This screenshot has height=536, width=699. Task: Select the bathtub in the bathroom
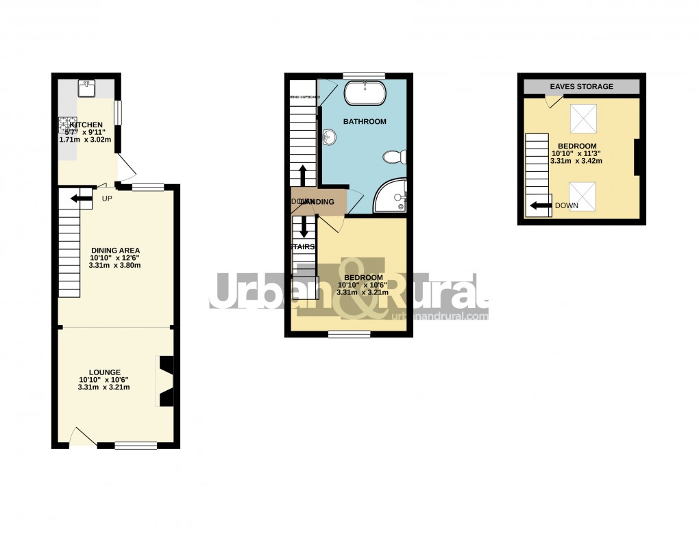(x=365, y=92)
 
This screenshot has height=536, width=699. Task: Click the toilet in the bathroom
(x=394, y=157)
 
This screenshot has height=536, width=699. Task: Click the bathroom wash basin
(x=330, y=139)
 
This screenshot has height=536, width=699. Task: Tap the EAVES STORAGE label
(x=582, y=86)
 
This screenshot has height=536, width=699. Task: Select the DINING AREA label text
(x=115, y=250)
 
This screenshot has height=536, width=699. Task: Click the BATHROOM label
(x=365, y=121)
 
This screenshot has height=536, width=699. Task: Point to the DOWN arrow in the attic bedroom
(x=541, y=205)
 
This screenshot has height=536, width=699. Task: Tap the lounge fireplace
(x=166, y=381)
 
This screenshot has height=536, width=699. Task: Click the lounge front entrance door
(x=83, y=438)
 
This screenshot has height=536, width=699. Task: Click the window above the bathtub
(x=364, y=75)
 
